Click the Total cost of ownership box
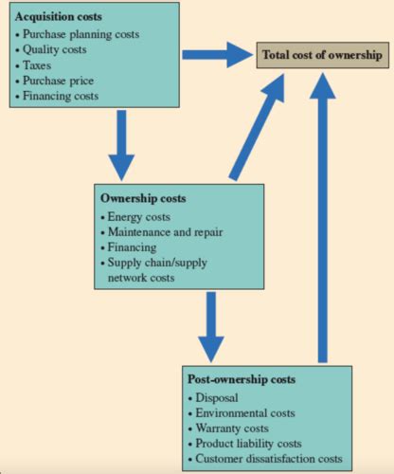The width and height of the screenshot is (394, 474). click(x=322, y=55)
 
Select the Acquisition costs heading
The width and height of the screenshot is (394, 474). click(x=59, y=17)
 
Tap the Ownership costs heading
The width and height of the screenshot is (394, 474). click(x=143, y=198)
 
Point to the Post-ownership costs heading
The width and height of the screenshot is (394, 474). click(x=242, y=379)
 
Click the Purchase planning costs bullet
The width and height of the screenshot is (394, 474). click(x=78, y=34)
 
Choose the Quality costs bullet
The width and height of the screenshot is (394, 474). click(x=51, y=49)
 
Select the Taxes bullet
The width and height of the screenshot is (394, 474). click(x=33, y=65)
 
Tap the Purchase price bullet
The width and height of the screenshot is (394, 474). click(x=55, y=81)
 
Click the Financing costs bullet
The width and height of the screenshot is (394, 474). click(x=57, y=96)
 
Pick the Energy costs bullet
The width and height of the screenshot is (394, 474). click(x=135, y=217)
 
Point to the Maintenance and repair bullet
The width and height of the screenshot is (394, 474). click(x=162, y=232)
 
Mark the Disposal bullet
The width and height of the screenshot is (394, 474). click(x=213, y=397)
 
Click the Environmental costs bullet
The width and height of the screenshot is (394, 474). click(x=242, y=413)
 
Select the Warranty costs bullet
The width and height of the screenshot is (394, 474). click(x=228, y=428)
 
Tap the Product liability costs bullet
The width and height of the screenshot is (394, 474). click(x=245, y=444)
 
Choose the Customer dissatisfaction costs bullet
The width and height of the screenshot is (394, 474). click(x=265, y=459)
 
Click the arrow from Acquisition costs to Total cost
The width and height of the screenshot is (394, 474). click(x=218, y=55)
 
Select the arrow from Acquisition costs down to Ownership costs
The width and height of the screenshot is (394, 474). click(x=121, y=145)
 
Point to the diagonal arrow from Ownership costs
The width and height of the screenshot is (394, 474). click(x=257, y=127)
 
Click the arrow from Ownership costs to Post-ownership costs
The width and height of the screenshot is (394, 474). click(x=211, y=327)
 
